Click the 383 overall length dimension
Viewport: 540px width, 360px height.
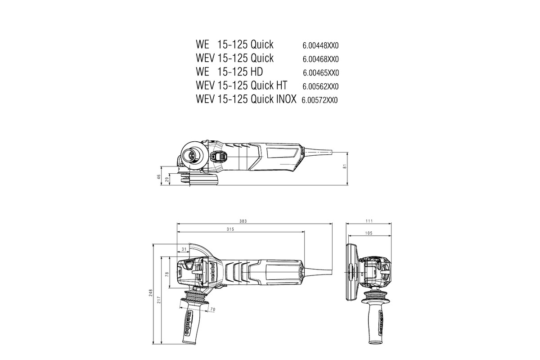click(243, 221)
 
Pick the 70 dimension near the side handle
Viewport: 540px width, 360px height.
click(213, 309)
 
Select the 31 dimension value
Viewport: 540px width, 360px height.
click(184, 249)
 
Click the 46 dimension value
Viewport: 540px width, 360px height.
click(158, 177)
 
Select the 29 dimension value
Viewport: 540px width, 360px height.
click(167, 180)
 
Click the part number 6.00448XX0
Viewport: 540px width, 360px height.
click(320, 45)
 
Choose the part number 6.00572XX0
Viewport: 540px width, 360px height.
click(319, 100)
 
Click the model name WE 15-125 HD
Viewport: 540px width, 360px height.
click(229, 72)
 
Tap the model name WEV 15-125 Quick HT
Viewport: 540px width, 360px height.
click(241, 85)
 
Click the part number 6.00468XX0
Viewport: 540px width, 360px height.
click(320, 59)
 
